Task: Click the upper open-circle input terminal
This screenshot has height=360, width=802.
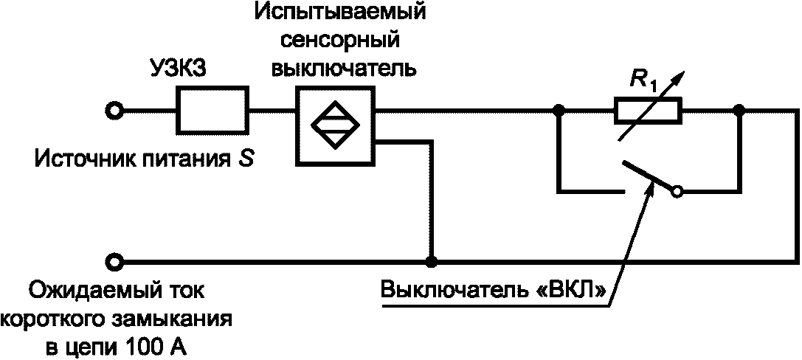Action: [x=113, y=111]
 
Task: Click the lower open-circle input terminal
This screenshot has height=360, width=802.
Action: [x=113, y=261]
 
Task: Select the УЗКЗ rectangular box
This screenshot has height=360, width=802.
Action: [x=209, y=111]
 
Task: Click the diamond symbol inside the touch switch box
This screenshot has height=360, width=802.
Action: [x=336, y=125]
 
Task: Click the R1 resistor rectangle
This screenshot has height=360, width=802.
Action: [x=648, y=112]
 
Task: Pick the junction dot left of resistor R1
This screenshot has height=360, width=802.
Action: [x=559, y=111]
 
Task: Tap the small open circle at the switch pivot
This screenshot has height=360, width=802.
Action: [x=677, y=192]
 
